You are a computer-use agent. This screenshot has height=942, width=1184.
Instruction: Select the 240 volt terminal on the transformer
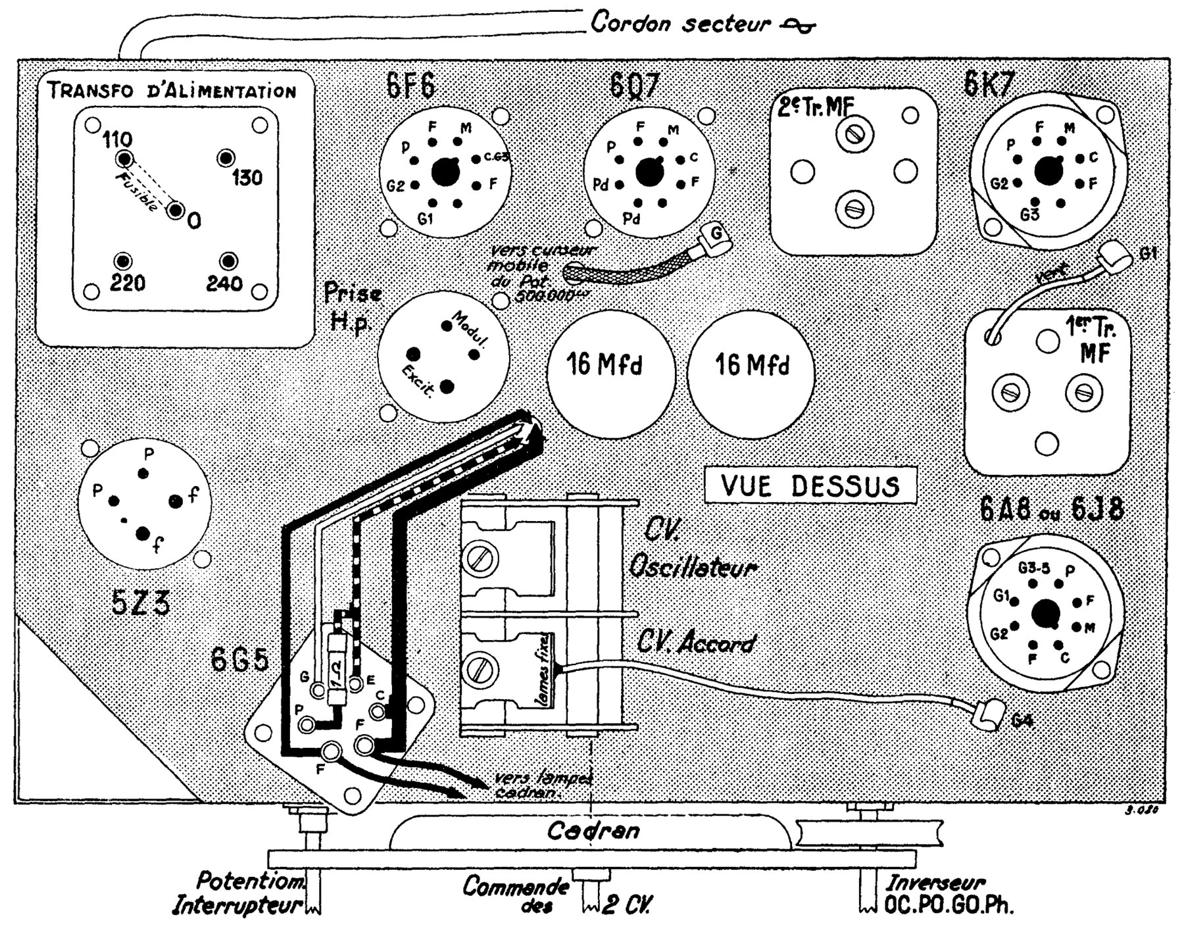pos(228,261)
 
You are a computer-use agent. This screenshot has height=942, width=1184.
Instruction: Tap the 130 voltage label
pos(247,178)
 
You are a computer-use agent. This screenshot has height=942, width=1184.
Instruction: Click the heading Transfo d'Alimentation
pos(172,90)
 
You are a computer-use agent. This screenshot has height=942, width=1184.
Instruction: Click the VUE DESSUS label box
pos(810,485)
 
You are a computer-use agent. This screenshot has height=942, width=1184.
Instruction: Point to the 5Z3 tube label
pos(140,603)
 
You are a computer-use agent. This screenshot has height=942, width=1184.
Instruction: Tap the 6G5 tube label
pos(240,660)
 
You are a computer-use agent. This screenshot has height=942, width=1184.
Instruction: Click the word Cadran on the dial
pos(593,830)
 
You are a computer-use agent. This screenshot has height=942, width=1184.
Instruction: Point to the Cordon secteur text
pos(680,24)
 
